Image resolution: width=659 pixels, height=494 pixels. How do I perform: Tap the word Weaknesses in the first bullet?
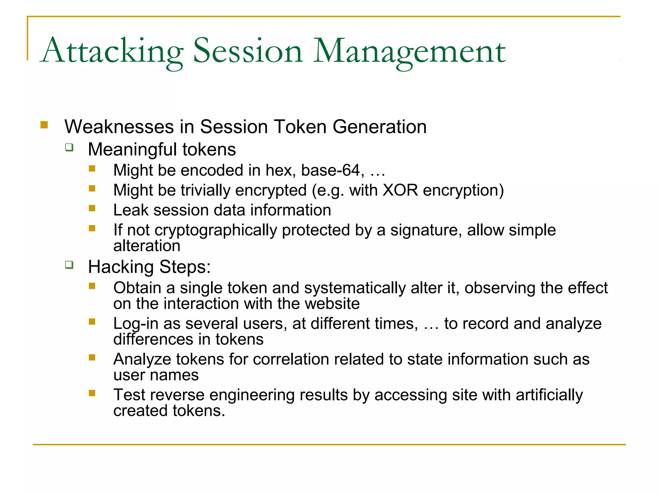point(119,127)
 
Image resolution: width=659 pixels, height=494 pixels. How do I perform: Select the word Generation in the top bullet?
point(379,127)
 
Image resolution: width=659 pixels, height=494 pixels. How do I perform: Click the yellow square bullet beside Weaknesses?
point(44,125)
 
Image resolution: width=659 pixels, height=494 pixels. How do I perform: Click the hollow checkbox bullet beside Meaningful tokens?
point(69,148)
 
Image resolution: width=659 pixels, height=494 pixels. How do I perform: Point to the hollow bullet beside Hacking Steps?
point(69,265)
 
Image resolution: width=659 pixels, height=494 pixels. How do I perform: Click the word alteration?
point(146,246)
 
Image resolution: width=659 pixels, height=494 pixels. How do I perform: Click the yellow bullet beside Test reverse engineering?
point(92,393)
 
